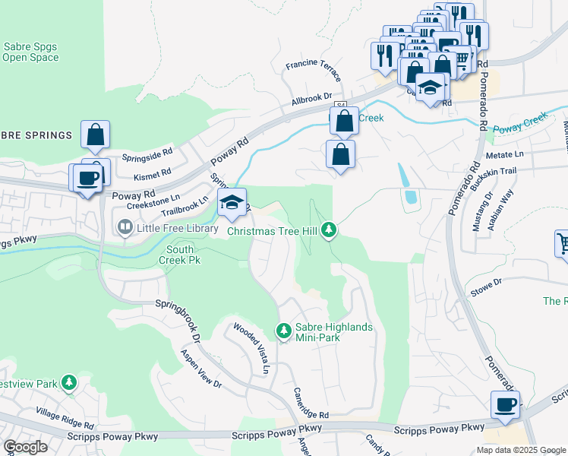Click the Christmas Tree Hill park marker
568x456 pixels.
328,229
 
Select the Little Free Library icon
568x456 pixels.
123,226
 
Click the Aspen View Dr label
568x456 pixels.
200,369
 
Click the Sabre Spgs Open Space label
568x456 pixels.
30,52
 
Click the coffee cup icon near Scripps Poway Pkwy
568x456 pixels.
505,405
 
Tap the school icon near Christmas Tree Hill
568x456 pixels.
232,202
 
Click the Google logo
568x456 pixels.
25,447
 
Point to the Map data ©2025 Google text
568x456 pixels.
519,450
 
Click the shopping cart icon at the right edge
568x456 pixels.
563,245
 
